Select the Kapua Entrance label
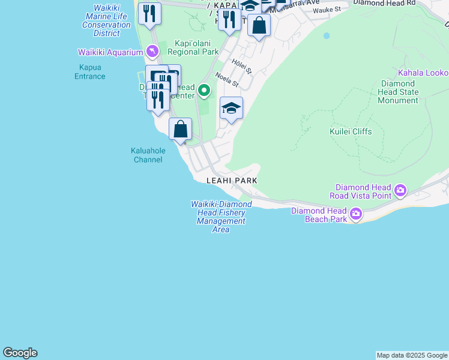[x=89, y=72]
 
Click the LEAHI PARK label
[x=232, y=181]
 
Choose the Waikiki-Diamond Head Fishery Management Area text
[x=221, y=217]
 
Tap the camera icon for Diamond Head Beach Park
[x=356, y=214]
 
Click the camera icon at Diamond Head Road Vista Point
[x=400, y=191]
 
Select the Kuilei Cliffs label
[x=351, y=131]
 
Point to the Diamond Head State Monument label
[x=398, y=92]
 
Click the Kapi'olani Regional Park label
[x=197, y=47]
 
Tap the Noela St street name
[x=227, y=80]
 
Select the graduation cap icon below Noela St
[x=231, y=109]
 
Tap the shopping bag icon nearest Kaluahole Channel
[x=180, y=129]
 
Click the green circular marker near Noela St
[x=204, y=91]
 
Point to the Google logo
[x=20, y=353]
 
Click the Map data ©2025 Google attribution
[x=412, y=355]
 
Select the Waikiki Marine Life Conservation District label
[x=107, y=17]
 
